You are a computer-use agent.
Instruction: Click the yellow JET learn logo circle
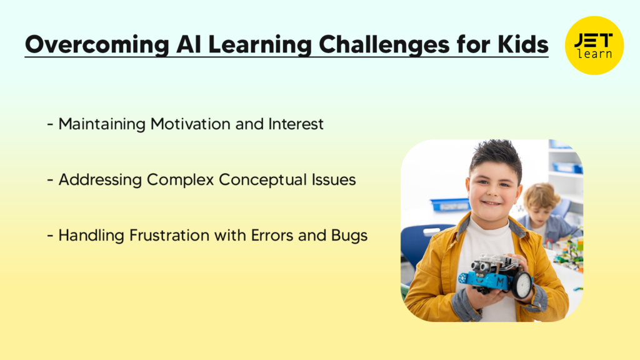594,45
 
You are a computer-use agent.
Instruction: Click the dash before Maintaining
49,124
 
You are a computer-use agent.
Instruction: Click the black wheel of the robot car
521,285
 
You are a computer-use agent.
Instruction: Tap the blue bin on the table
449,204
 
